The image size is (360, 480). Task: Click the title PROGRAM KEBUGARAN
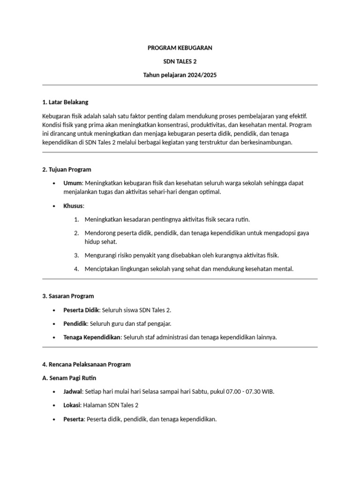(180, 48)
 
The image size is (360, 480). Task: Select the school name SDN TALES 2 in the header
(180, 61)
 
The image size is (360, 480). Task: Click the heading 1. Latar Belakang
(65, 102)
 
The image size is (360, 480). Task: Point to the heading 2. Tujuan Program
(67, 169)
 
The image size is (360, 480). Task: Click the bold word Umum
(73, 183)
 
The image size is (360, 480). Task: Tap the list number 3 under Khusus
(76, 255)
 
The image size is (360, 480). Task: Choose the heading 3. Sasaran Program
(68, 296)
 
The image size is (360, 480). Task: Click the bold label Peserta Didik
(81, 310)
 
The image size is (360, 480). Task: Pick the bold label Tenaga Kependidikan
(92, 337)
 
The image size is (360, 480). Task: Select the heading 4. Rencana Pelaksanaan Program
(86, 364)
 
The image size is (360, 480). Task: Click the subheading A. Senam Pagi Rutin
(69, 378)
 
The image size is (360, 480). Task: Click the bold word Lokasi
(73, 405)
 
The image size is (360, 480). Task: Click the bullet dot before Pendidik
(54, 323)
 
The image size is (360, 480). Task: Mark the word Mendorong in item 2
(100, 233)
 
